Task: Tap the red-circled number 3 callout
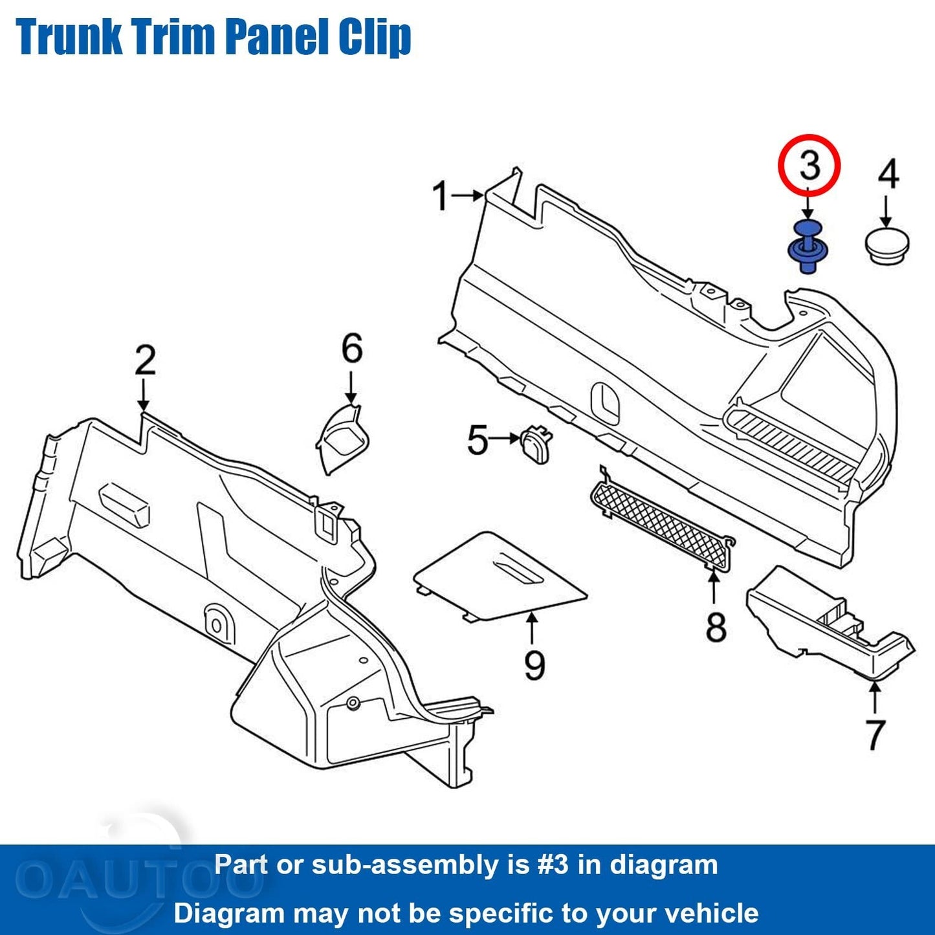point(809,165)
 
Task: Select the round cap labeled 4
point(886,245)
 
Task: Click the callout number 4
point(888,175)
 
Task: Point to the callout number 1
point(441,196)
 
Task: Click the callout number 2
point(145,360)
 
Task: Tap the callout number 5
point(478,441)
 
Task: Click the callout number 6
point(352,349)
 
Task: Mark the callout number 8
point(716,626)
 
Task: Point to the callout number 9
point(534,665)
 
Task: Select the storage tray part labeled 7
point(828,621)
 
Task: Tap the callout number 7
point(875,734)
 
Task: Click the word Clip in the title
point(375,37)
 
